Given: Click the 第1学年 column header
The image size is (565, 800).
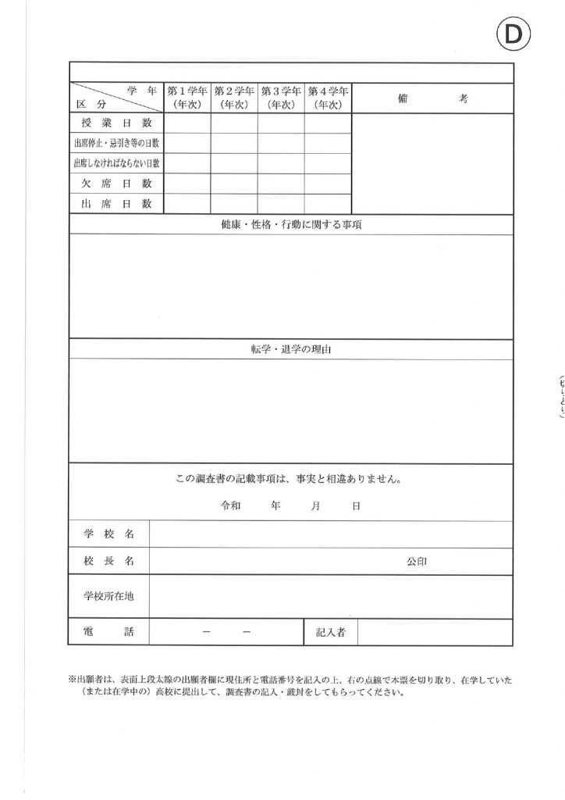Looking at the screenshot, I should point(187,98).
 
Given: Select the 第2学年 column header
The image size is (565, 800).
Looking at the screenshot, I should point(233,98).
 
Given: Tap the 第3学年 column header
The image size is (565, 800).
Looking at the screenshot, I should point(280,98).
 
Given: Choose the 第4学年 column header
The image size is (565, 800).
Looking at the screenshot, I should point(327,98).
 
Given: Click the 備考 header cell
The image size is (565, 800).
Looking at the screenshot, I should point(432,98).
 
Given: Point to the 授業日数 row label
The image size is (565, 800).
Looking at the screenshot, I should point(116,123).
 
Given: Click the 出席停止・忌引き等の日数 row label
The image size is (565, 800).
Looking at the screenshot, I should point(116,144).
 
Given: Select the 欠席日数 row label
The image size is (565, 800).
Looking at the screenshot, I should point(116,184).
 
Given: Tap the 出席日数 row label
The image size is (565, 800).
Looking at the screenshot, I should point(116,204).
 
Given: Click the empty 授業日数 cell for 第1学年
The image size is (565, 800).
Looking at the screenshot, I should point(187,123).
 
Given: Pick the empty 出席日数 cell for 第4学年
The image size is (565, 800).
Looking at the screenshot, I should point(327,204).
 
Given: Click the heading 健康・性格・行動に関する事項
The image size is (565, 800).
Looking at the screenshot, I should point(291,225).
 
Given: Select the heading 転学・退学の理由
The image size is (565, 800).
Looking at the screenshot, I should point(291,349).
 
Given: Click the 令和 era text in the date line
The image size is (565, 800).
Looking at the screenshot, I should point(232,506).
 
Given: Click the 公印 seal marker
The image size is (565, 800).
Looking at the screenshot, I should point(416,562).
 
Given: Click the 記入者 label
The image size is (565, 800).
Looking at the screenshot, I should point(331,632).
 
